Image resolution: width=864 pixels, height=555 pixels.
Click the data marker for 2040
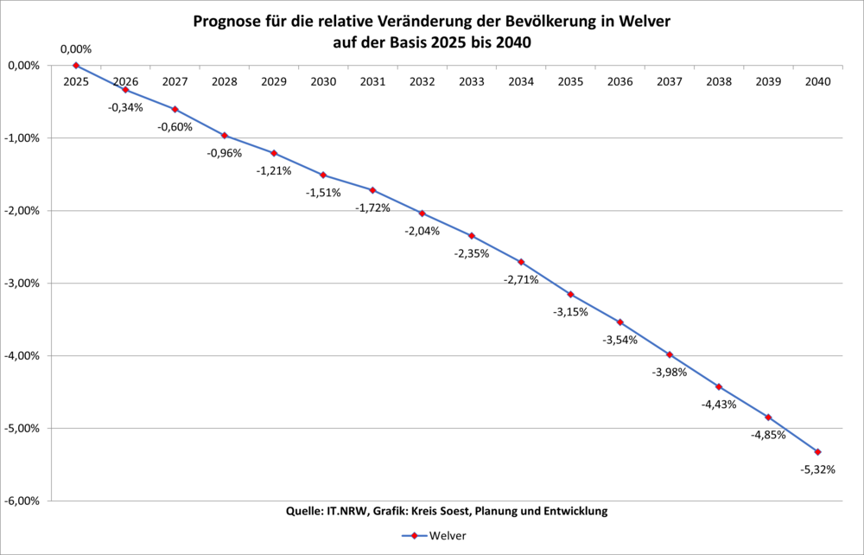tap(818, 452)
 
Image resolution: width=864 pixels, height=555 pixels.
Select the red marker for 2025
tap(76, 66)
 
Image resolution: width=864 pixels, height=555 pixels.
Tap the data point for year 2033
tap(472, 235)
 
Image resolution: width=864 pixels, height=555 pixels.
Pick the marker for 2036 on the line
tap(620, 322)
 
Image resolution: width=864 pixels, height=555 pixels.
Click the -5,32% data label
tap(817, 469)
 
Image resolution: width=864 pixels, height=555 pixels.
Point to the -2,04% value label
tap(422, 231)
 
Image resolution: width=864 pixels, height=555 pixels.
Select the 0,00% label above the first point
tap(75, 49)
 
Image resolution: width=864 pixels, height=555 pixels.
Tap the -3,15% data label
tap(570, 311)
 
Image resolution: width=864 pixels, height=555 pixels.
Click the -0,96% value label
tap(224, 153)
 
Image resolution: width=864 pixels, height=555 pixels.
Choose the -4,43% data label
tap(719, 404)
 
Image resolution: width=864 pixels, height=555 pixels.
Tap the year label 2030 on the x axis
tap(323, 81)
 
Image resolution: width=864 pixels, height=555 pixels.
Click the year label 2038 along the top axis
tap(719, 81)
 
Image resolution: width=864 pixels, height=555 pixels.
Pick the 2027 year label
tap(175, 81)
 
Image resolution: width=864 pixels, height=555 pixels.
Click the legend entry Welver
tap(448, 536)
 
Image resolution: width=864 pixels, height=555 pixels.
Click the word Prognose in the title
tap(231, 22)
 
